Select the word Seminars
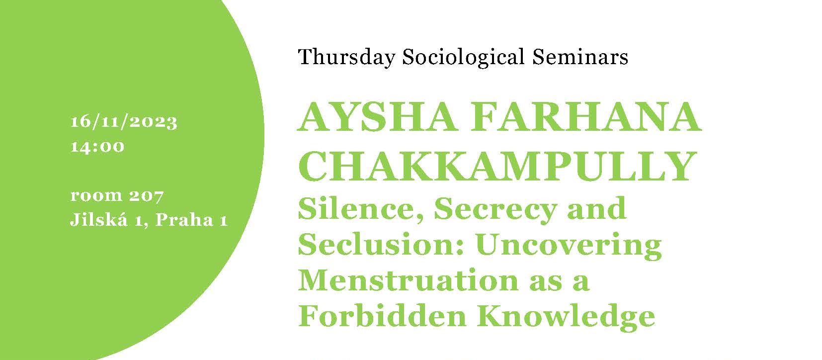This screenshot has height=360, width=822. tap(580, 57)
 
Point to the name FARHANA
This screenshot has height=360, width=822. tap(586, 117)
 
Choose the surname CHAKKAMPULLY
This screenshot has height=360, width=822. tap(497, 166)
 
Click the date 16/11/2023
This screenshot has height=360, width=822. tap(124, 122)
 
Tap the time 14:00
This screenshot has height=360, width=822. tap(97, 147)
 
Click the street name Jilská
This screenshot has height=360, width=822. tap(99, 219)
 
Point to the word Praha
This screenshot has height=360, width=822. tap(184, 219)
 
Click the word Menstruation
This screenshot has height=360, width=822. tap(408, 280)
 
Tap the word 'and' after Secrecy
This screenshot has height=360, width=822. tap(597, 208)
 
